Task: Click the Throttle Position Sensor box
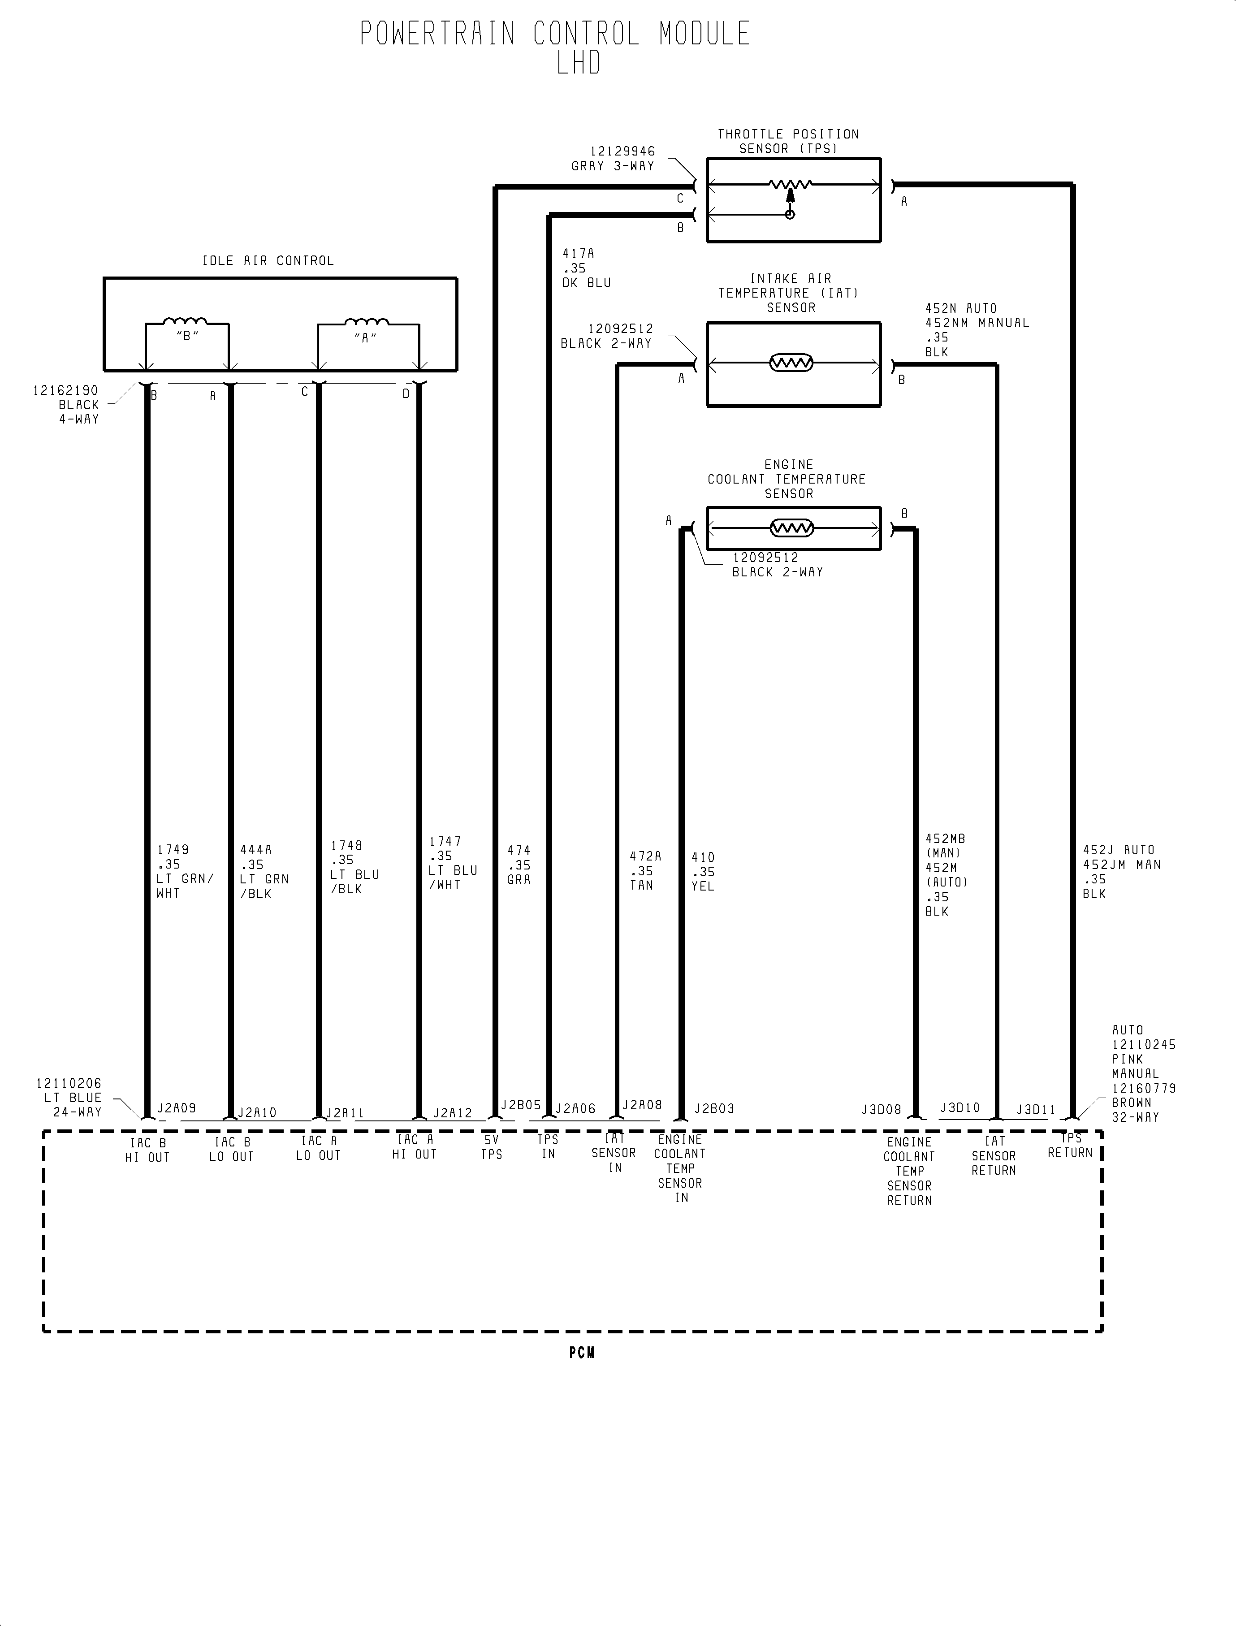click(x=793, y=200)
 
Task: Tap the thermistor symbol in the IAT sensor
click(x=791, y=363)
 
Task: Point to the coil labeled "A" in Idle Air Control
click(x=367, y=321)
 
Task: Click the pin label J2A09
click(x=177, y=1108)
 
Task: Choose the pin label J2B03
click(x=713, y=1108)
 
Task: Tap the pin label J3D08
click(x=882, y=1109)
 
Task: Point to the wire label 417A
click(x=578, y=254)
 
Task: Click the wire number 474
click(x=519, y=850)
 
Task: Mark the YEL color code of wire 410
click(x=703, y=887)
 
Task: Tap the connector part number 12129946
click(x=622, y=151)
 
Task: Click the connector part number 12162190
click(x=65, y=390)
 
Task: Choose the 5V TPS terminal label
click(x=492, y=1147)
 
